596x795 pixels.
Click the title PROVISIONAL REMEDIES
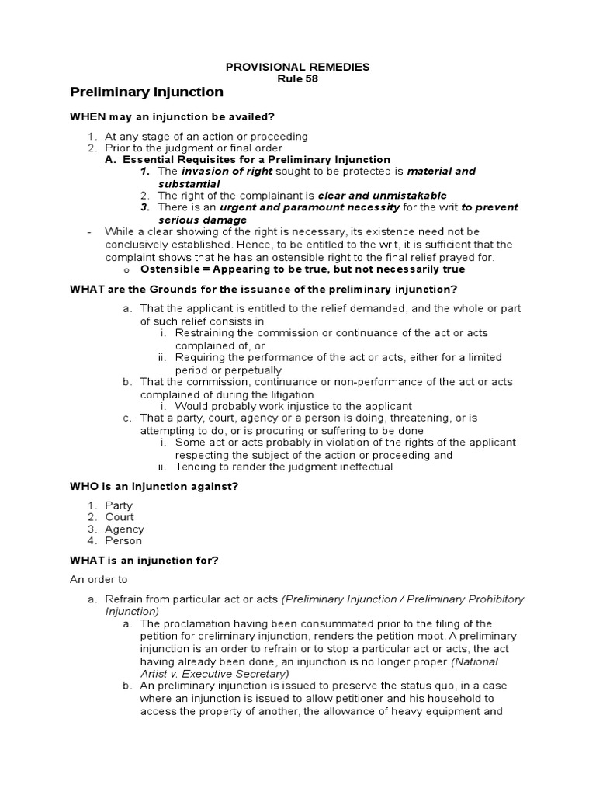297,67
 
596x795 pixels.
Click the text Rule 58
297,78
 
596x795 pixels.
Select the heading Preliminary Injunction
147,92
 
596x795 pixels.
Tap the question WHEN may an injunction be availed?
172,116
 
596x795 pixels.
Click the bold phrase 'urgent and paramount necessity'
310,207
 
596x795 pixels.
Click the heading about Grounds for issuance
264,289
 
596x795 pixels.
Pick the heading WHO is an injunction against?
154,486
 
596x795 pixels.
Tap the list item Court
120,517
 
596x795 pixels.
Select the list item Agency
124,529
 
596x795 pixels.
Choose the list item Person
123,541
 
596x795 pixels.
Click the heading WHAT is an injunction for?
145,561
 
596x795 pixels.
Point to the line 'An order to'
99,579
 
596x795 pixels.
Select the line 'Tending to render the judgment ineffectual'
284,467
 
